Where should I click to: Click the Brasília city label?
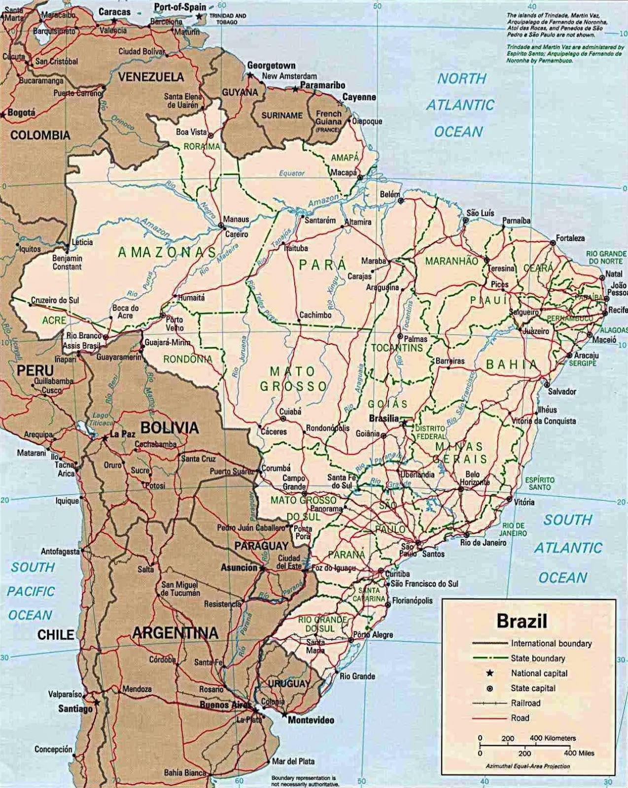384,418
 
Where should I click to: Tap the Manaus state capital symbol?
221,226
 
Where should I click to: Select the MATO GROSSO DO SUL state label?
296,508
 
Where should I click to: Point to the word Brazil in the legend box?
522,621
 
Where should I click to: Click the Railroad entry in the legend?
526,703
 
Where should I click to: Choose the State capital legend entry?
533,688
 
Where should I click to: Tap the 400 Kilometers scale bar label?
553,738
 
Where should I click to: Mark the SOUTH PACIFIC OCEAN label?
31,591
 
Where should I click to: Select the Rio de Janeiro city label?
483,543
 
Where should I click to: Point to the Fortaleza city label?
570,238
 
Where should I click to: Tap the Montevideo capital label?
311,720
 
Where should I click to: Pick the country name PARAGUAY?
261,546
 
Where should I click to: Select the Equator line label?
291,173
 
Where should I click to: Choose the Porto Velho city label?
174,323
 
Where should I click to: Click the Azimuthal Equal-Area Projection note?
527,766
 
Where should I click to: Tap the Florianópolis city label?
413,600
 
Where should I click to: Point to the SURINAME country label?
281,115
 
